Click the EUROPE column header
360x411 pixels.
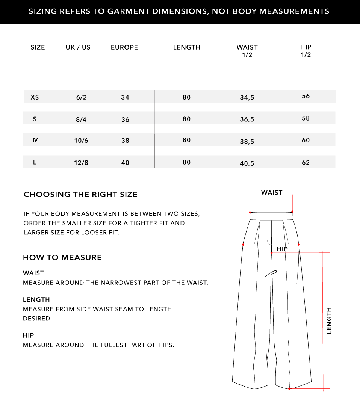tap(124, 47)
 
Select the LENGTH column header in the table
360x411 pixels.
tap(186, 47)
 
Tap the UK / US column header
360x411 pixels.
tap(78, 47)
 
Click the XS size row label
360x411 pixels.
tap(35, 97)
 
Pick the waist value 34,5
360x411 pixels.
tap(247, 98)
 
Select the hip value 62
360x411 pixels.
tap(306, 162)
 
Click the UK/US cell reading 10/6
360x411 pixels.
tap(81, 141)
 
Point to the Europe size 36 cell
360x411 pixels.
tap(125, 119)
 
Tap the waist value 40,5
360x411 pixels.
tap(247, 163)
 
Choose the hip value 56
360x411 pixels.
tap(306, 96)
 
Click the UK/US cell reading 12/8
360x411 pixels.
tap(81, 163)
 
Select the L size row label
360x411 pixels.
tap(35, 162)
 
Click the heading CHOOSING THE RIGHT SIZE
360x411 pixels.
tap(80, 195)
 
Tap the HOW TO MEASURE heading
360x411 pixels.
tap(62, 258)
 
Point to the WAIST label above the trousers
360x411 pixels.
tap(272, 193)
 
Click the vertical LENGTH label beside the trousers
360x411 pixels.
tap(329, 320)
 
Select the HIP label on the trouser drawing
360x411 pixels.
tap(282, 249)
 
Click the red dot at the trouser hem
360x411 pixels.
tap(289, 388)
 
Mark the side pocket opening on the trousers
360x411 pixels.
tap(271, 273)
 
